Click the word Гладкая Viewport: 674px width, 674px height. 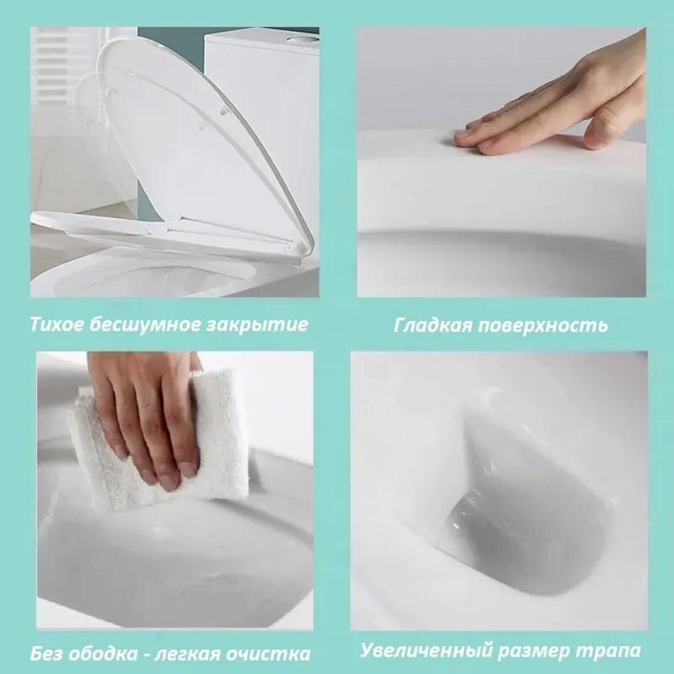(433, 326)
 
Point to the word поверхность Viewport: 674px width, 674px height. (542, 326)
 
